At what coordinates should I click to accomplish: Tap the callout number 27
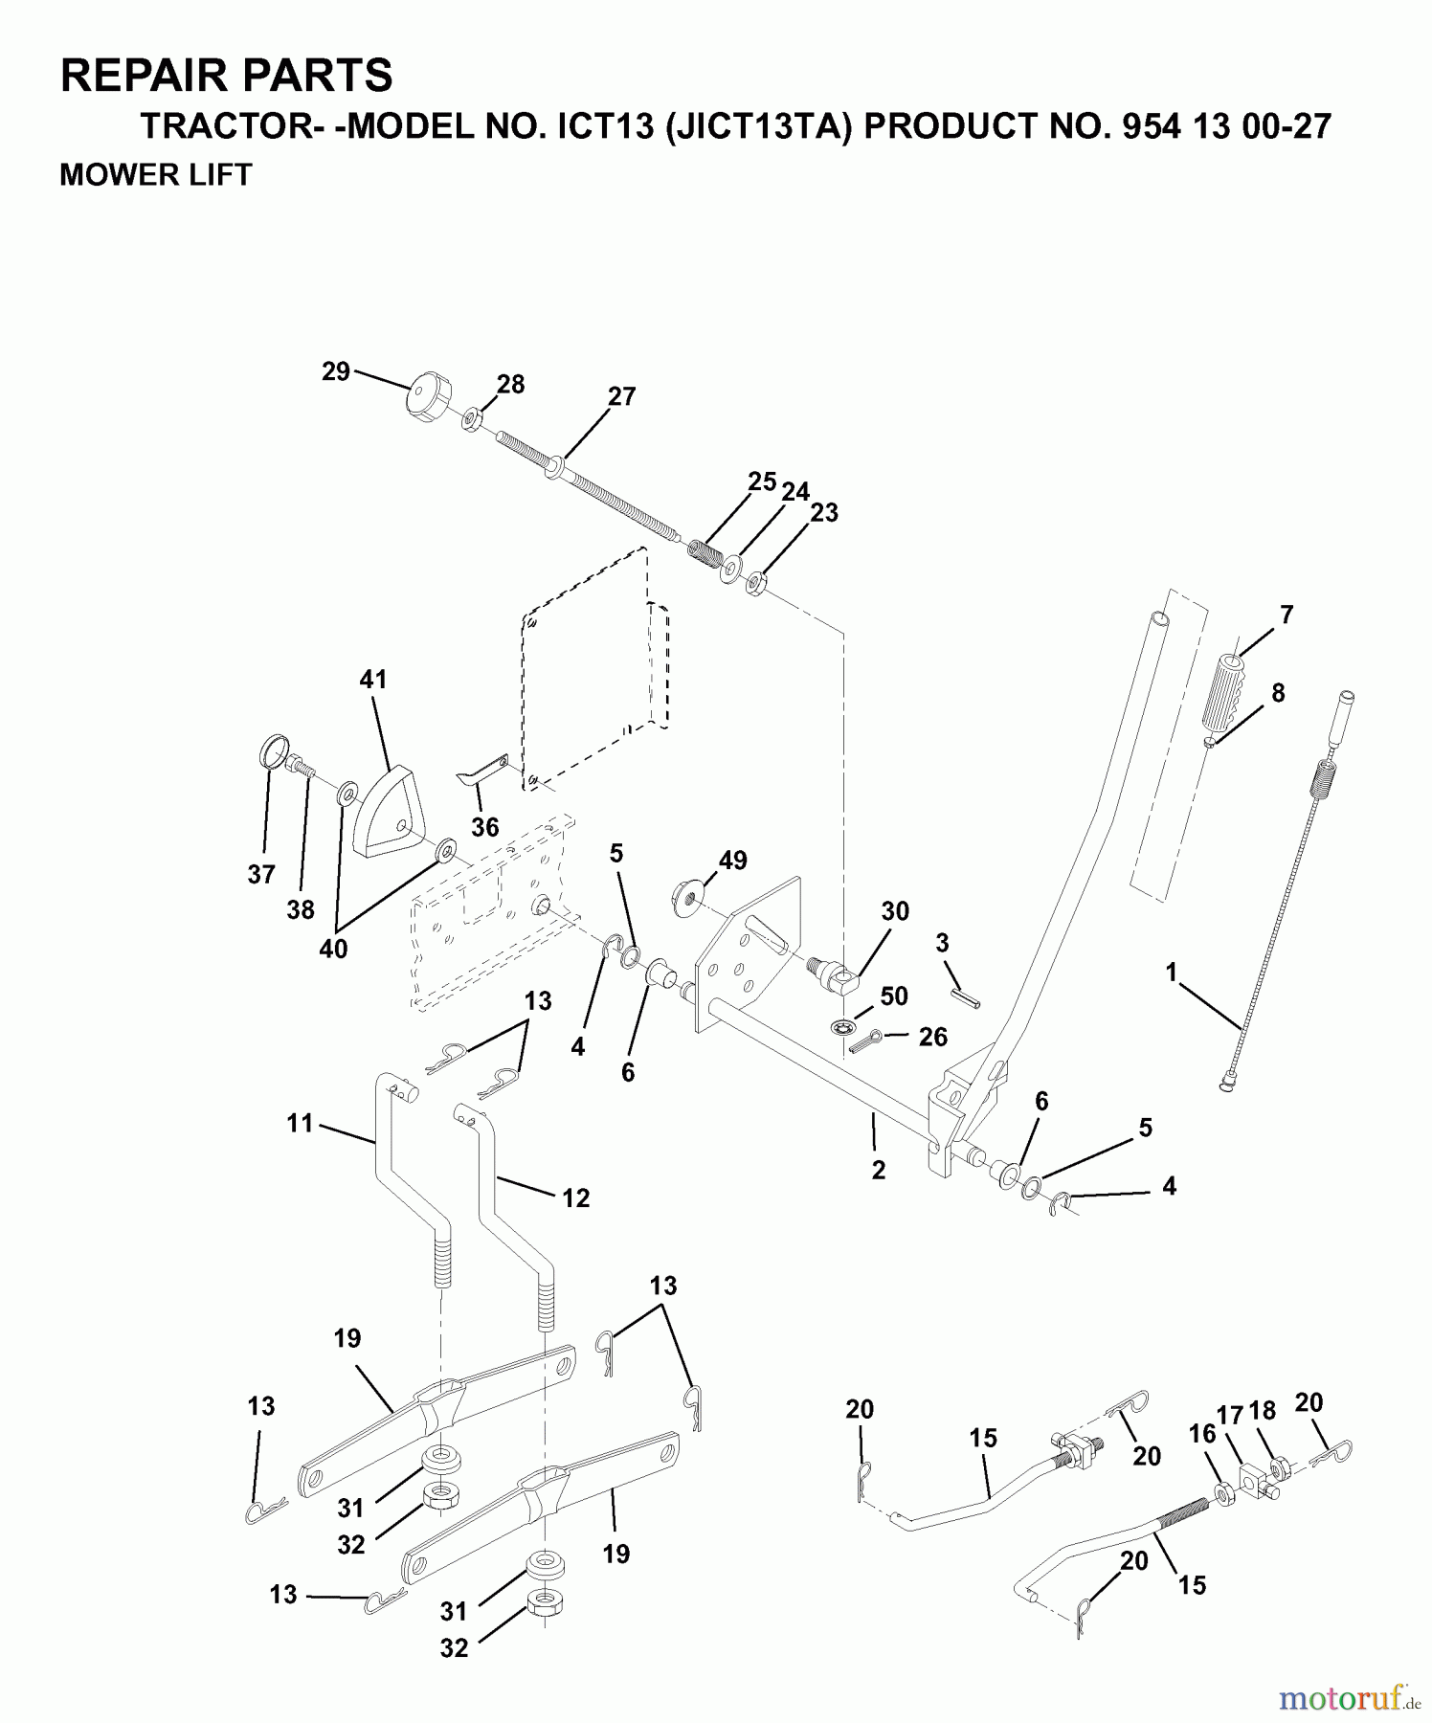pyautogui.click(x=622, y=396)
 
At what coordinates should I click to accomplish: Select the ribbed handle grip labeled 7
pyautogui.click(x=1229, y=691)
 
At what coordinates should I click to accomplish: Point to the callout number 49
pyautogui.click(x=732, y=861)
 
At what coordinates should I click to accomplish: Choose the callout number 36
pyautogui.click(x=485, y=827)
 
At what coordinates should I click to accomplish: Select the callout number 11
pyautogui.click(x=301, y=1123)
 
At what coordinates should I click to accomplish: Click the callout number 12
pyautogui.click(x=575, y=1197)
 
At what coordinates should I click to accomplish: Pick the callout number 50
pyautogui.click(x=894, y=996)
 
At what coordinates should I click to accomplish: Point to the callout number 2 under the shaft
pyautogui.click(x=879, y=1170)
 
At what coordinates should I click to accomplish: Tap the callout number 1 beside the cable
pyautogui.click(x=1171, y=973)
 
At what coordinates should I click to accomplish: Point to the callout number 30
pyautogui.click(x=895, y=911)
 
